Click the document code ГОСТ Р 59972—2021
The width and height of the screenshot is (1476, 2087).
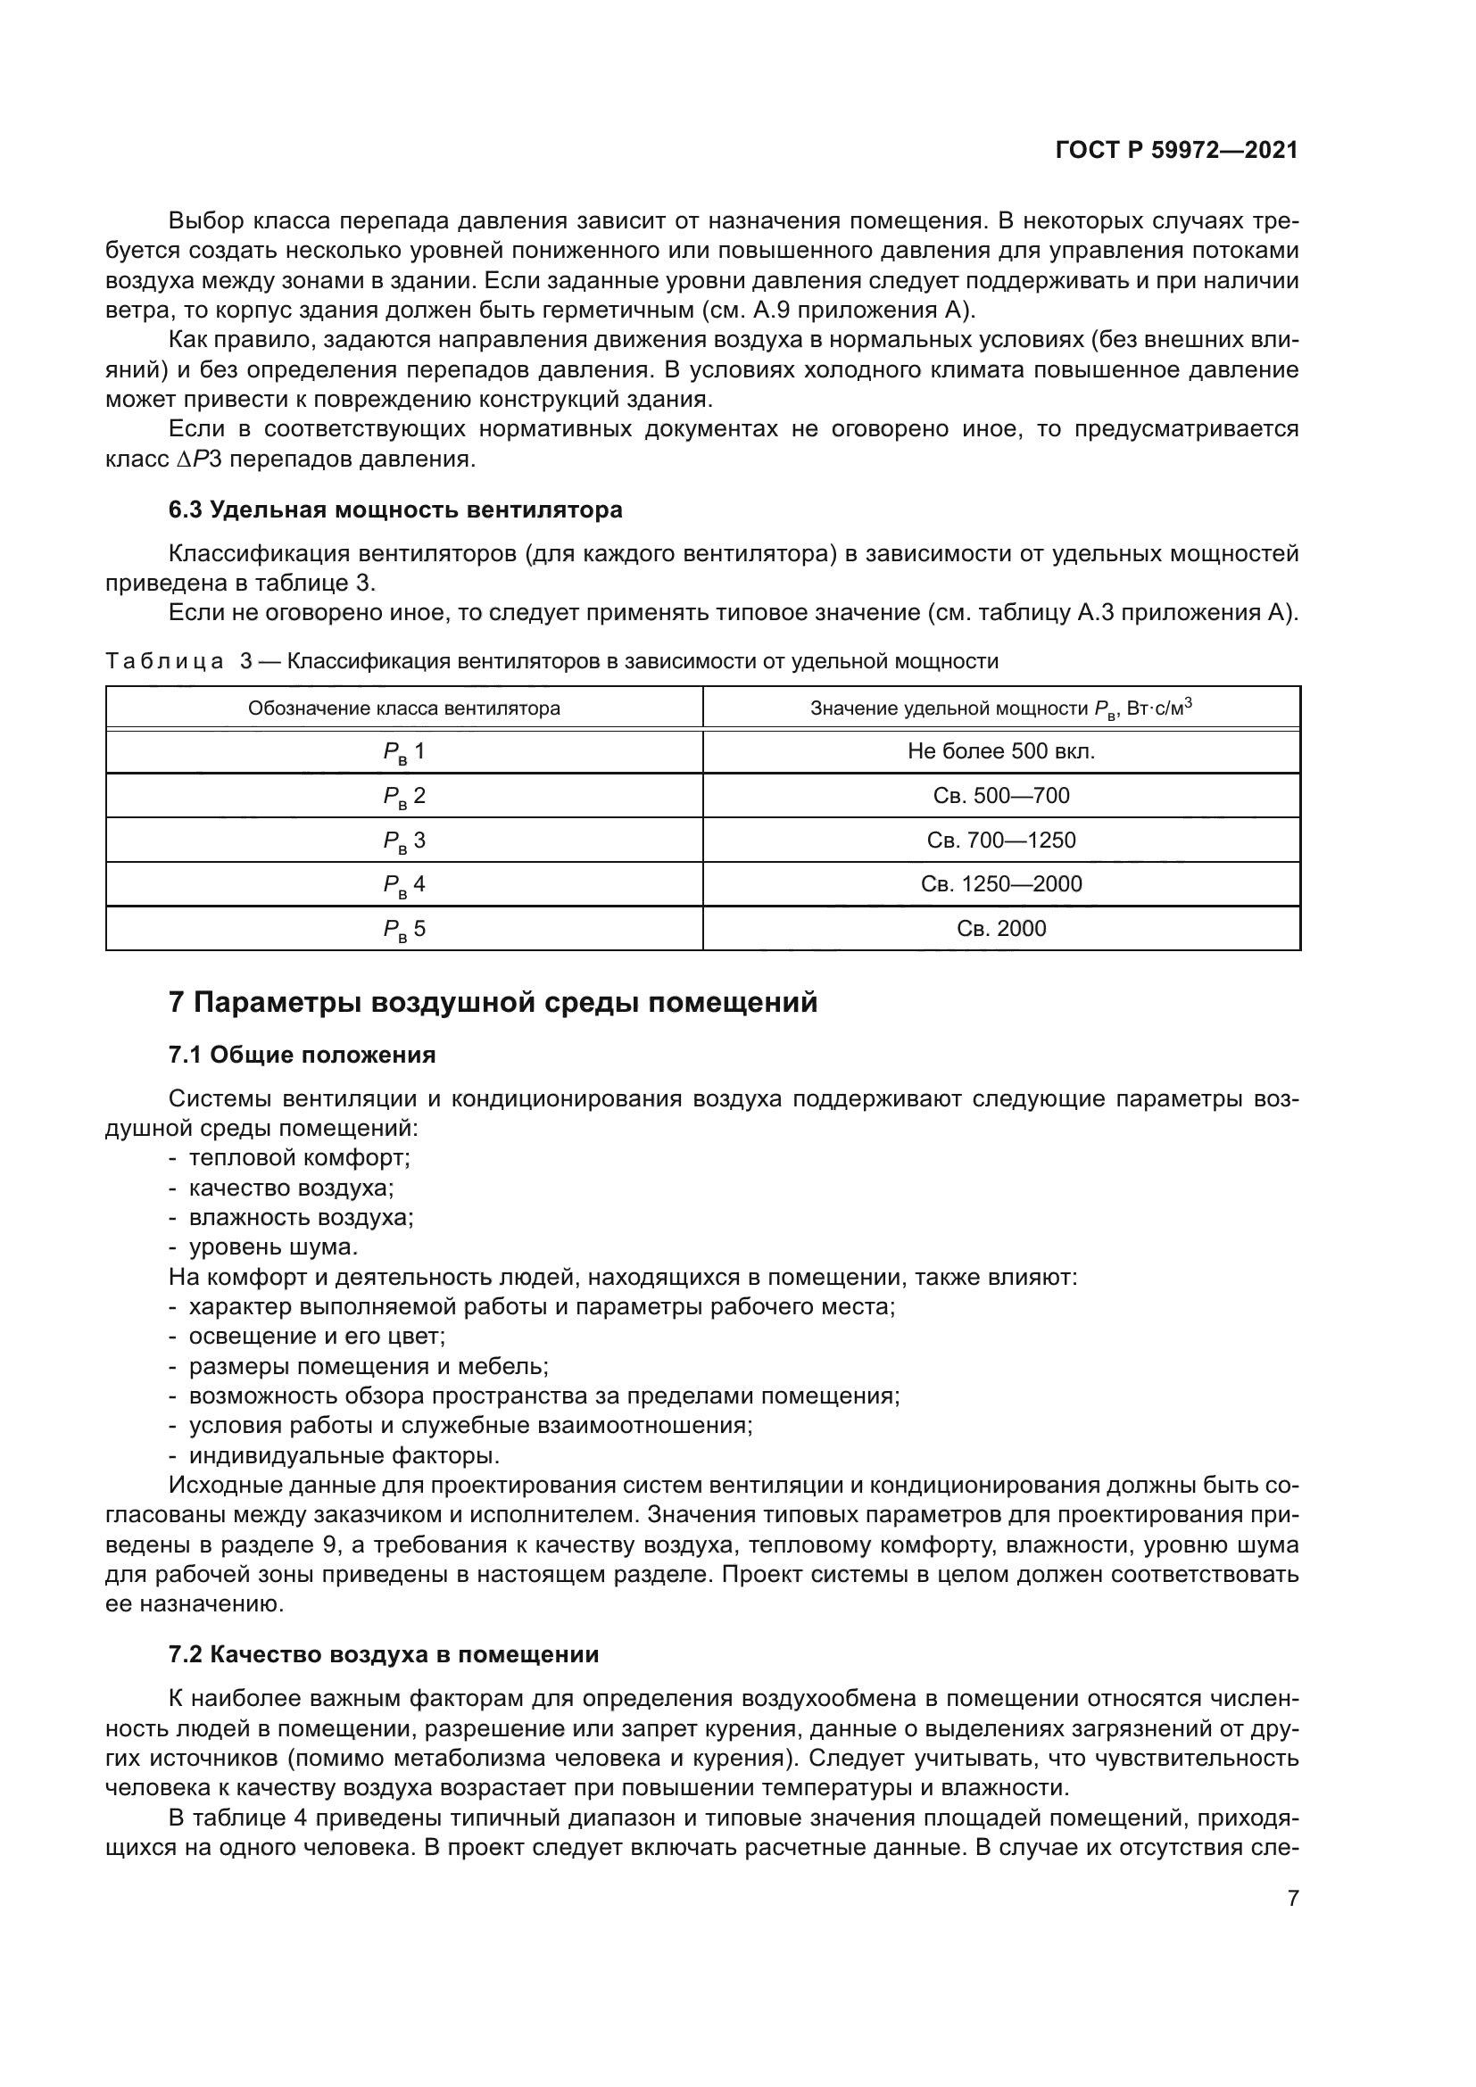point(1177,151)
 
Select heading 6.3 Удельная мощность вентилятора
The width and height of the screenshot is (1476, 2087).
point(395,510)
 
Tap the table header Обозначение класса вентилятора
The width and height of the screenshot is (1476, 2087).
point(404,708)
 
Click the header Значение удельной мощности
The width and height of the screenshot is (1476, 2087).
point(1000,708)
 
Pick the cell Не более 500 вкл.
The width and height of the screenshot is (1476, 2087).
point(1000,751)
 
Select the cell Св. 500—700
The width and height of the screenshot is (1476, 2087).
point(1000,796)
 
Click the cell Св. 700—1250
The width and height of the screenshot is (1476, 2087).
point(1000,840)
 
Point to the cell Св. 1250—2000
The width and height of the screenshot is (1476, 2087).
point(1000,884)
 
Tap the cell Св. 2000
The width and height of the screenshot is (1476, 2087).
point(1000,929)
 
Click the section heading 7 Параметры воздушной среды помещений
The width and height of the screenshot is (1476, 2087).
point(493,1003)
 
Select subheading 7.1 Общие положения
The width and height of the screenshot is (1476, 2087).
point(302,1055)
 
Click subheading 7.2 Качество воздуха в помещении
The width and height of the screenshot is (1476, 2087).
point(384,1654)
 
